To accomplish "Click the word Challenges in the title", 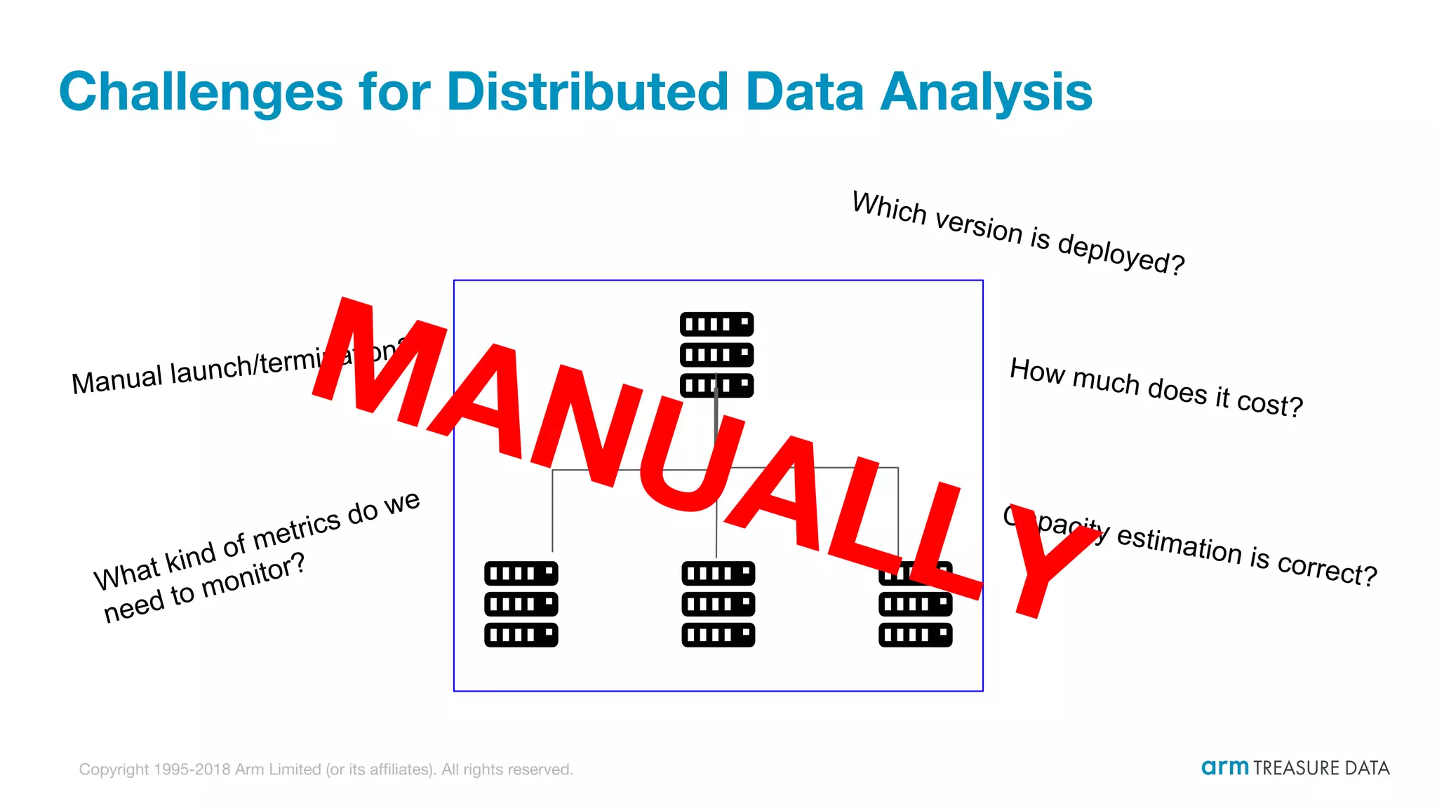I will pos(201,93).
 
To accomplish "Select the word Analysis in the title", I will pos(986,93).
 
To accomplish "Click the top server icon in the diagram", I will pos(716,354).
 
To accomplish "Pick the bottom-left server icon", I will pos(521,604).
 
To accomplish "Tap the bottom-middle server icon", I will pos(718,604).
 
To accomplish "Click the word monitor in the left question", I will pos(253,577).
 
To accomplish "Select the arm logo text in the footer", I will pos(1224,767).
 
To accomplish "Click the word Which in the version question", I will pos(889,208).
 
